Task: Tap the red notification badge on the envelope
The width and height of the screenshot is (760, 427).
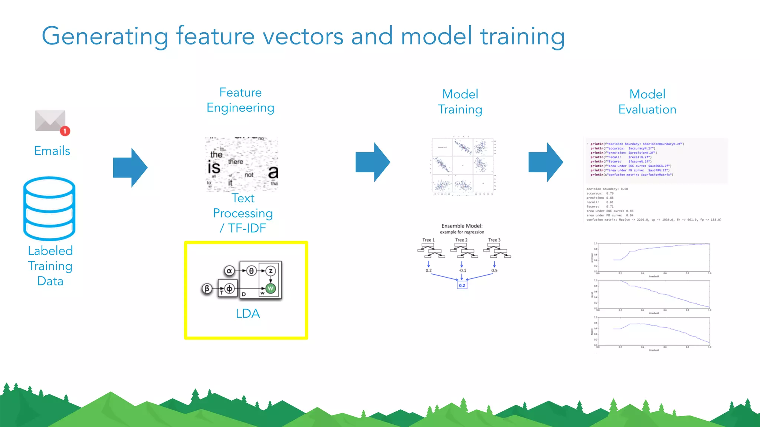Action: click(65, 131)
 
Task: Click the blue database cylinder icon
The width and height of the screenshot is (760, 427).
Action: click(49, 208)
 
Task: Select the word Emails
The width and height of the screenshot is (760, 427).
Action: click(52, 151)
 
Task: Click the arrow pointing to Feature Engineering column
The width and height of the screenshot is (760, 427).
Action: click(130, 168)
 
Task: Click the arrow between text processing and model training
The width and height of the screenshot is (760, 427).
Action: click(372, 162)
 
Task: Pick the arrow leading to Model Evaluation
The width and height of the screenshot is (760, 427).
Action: click(546, 162)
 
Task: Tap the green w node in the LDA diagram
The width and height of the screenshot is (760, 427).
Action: click(271, 289)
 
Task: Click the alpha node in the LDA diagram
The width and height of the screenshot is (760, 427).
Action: click(229, 271)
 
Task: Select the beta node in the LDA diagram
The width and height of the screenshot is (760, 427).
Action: click(207, 288)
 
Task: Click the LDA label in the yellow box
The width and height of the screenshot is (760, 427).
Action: click(248, 314)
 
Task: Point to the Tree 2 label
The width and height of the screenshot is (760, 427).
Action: click(461, 240)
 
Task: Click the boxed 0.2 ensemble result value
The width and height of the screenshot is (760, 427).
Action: click(462, 285)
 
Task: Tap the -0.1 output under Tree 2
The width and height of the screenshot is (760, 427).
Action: click(462, 271)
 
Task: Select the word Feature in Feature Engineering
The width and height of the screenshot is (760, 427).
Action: click(240, 92)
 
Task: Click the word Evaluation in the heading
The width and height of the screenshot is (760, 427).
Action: click(647, 110)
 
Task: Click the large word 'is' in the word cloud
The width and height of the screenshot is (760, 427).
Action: click(214, 168)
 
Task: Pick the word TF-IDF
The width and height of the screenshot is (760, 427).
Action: click(247, 228)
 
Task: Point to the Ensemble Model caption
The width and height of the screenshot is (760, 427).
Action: click(462, 226)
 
